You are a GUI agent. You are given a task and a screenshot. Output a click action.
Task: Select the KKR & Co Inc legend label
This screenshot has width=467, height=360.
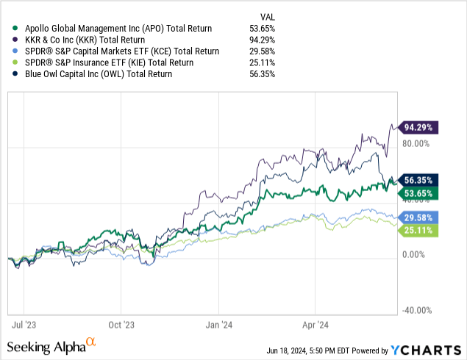click(x=84, y=40)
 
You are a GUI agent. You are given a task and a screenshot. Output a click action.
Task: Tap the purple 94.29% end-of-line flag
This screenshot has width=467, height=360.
click(x=419, y=127)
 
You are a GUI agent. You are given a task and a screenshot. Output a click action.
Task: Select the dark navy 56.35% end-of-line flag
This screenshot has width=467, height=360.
click(x=419, y=181)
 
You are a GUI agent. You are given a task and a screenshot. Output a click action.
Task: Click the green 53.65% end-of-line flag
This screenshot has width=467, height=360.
click(x=419, y=193)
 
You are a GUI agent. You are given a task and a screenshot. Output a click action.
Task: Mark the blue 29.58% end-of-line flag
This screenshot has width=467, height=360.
click(x=419, y=217)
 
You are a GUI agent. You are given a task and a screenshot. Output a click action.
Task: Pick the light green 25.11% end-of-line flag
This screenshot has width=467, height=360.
click(x=419, y=231)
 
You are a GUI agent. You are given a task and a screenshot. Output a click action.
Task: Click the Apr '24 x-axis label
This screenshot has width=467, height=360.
click(x=315, y=323)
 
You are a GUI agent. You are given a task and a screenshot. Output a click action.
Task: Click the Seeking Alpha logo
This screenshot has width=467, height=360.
click(x=51, y=346)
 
